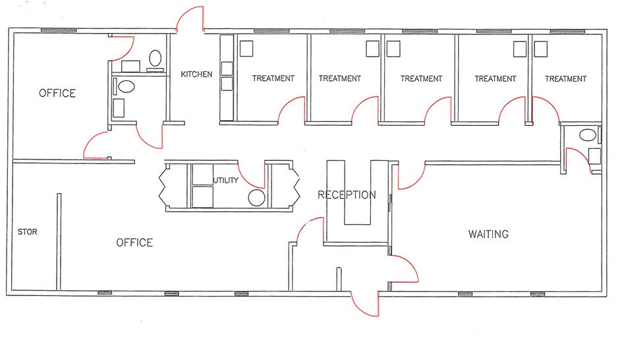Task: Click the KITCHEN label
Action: (x=196, y=75)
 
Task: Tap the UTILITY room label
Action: (x=225, y=180)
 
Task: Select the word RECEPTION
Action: (x=347, y=195)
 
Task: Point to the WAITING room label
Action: (x=488, y=234)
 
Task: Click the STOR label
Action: (x=28, y=231)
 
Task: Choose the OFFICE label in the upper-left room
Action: (x=57, y=93)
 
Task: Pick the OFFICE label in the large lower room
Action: (x=134, y=243)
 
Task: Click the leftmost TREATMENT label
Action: (x=273, y=78)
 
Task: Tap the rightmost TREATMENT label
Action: (x=566, y=78)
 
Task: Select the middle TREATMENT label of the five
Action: (x=421, y=78)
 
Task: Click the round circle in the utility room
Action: (x=256, y=198)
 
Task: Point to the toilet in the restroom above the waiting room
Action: (x=587, y=135)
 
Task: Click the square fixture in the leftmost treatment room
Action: (x=246, y=48)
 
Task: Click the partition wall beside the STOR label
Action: (x=59, y=242)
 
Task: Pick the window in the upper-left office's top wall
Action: (x=59, y=30)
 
